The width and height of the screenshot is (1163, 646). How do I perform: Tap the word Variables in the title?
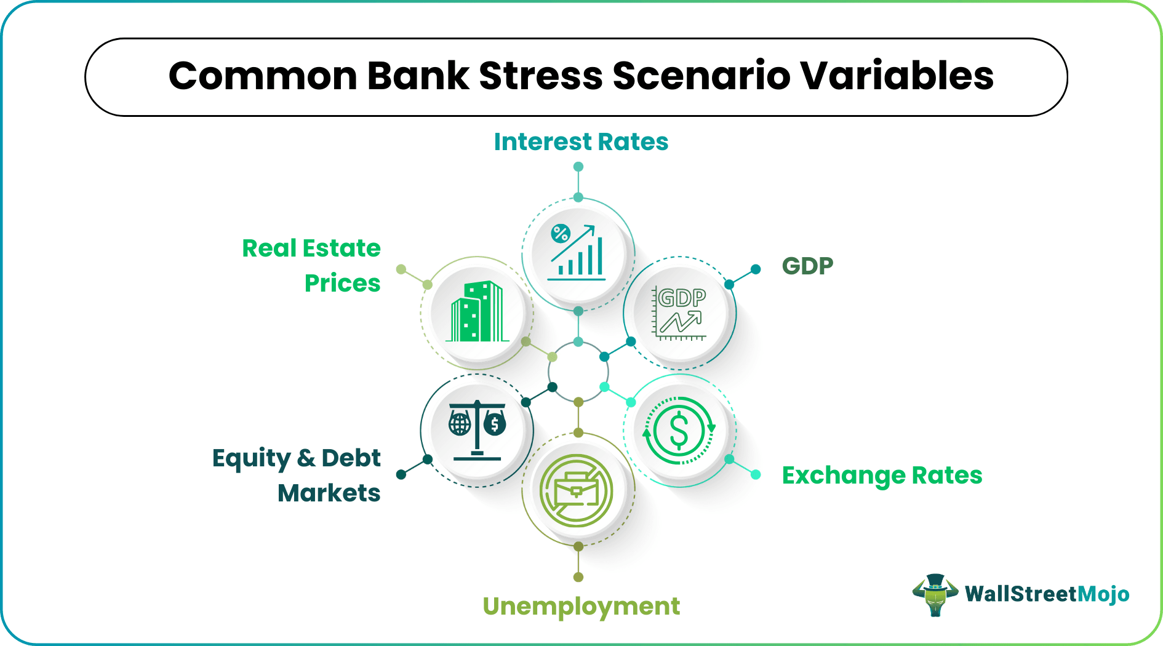coord(897,76)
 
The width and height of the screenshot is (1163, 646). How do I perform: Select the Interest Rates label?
coord(580,142)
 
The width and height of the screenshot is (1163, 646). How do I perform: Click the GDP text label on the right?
coord(807,266)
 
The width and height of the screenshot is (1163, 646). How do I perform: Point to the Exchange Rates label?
coord(881,476)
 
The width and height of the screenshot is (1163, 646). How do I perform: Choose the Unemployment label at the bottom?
coord(581,607)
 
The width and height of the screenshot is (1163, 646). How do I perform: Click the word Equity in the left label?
coord(251,459)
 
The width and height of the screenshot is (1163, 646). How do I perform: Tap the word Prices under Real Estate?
coord(342,284)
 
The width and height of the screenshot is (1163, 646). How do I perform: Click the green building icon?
coord(477,312)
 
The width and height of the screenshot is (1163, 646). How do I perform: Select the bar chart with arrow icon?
coord(577,253)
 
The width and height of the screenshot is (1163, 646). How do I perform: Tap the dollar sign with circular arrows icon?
coord(679,431)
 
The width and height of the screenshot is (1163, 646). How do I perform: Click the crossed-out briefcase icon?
coord(577,490)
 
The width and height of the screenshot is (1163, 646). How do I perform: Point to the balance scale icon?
coord(477,429)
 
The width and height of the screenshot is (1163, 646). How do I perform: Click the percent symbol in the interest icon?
coord(561,234)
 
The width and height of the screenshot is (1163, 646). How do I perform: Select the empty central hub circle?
coord(578,372)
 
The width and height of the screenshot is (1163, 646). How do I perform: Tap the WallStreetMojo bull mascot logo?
coord(935,594)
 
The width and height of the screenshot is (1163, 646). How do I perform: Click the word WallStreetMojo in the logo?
coord(1047,594)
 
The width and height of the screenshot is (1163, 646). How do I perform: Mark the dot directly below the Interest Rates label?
coord(578,167)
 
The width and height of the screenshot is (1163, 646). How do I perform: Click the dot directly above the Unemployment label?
coord(578,577)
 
